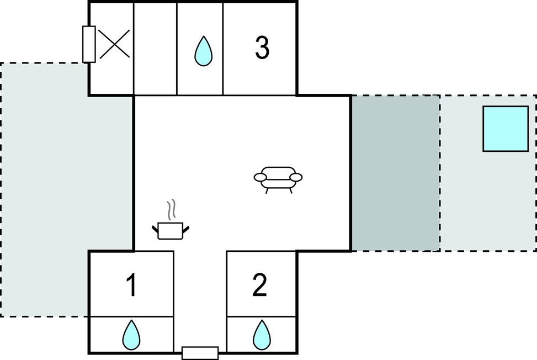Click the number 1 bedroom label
click(x=131, y=285)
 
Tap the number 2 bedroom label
click(x=259, y=285)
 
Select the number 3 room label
click(x=262, y=48)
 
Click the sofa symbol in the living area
click(x=278, y=178)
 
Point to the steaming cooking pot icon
click(x=170, y=229)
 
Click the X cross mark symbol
click(x=114, y=44)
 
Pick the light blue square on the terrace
click(x=505, y=129)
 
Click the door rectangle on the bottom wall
click(x=200, y=353)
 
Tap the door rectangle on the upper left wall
click(x=89, y=44)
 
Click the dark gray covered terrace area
click(x=395, y=173)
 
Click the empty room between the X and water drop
click(x=155, y=48)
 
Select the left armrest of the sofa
click(x=260, y=177)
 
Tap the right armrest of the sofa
click(x=296, y=177)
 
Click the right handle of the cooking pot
click(x=187, y=227)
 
